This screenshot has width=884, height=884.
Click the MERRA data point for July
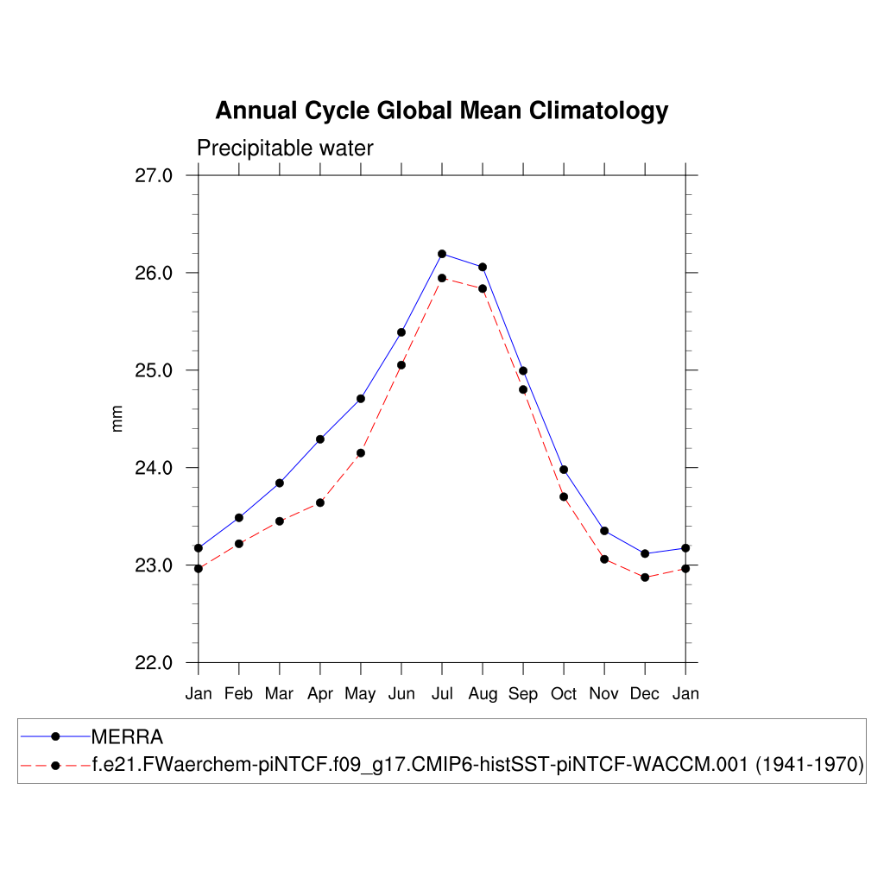tap(442, 254)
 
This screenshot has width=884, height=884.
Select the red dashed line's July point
tap(442, 278)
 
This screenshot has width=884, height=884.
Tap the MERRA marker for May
tap(361, 399)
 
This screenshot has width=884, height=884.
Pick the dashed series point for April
tap(320, 502)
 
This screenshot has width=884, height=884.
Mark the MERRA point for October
tap(564, 470)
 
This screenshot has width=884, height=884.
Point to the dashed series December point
tap(645, 577)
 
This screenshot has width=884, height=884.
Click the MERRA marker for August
tap(483, 267)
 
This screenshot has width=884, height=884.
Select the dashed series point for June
tap(401, 365)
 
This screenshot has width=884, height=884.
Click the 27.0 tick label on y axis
tap(155, 175)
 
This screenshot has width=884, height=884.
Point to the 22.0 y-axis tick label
tap(155, 663)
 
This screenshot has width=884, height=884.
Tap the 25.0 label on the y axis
tap(155, 370)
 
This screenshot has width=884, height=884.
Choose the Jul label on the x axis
tap(442, 694)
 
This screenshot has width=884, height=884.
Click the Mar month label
tap(280, 694)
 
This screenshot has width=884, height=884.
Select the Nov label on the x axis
tap(604, 694)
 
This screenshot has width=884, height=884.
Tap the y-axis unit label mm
tap(118, 420)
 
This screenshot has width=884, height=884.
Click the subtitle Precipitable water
tap(285, 148)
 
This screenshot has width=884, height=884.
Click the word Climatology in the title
tap(598, 111)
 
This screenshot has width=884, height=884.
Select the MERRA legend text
tap(127, 737)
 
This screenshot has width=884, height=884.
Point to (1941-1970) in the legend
tap(810, 765)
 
